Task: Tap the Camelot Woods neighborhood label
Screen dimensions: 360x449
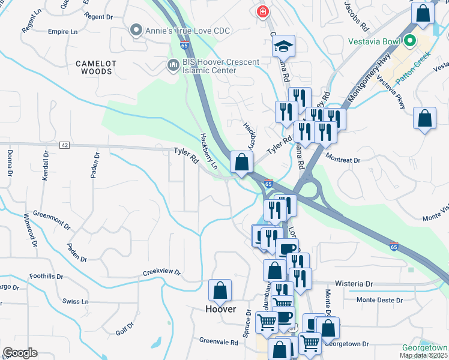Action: (x=94, y=67)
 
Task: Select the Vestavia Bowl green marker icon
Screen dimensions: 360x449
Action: (x=411, y=41)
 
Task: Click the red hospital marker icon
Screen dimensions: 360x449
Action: (x=262, y=11)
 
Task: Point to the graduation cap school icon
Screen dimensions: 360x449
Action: (x=283, y=46)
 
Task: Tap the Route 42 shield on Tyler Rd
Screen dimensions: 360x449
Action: (x=64, y=145)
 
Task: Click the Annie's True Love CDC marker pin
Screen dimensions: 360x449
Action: (x=136, y=29)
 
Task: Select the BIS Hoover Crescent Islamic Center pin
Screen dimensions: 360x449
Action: (x=173, y=64)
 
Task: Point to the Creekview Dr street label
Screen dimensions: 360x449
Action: (x=161, y=272)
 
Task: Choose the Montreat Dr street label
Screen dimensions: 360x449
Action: (x=342, y=160)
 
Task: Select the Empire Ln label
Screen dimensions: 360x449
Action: (x=63, y=31)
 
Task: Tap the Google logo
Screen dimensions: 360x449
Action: (x=20, y=353)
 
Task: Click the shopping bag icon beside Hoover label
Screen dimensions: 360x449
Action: (x=220, y=290)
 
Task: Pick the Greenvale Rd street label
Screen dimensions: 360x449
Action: (x=218, y=342)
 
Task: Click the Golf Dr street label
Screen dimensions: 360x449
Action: (x=125, y=328)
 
